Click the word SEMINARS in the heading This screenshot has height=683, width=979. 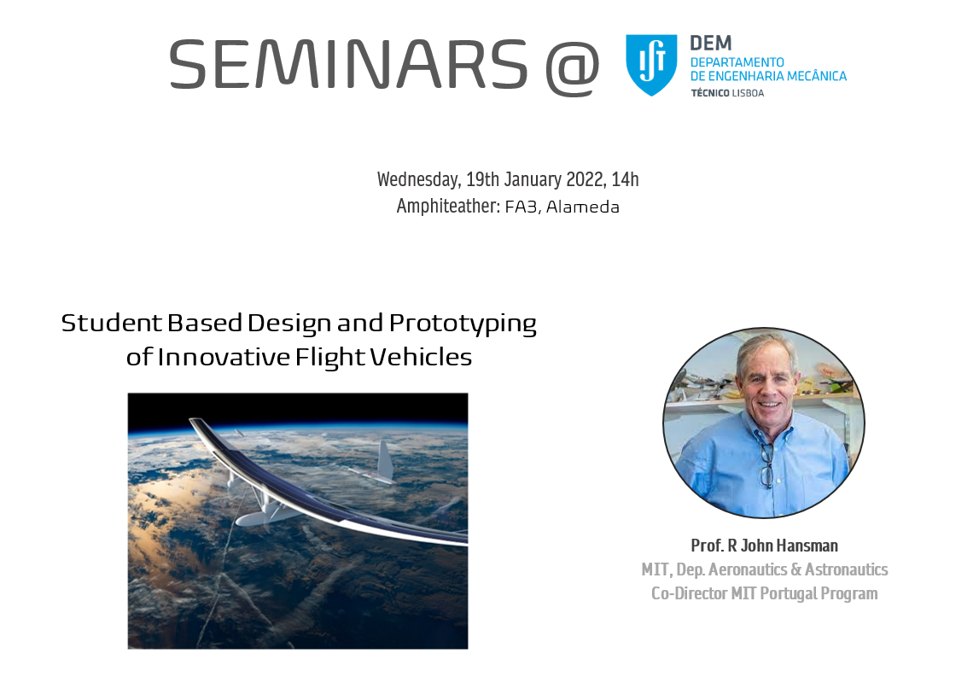348,64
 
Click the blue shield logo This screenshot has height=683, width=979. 651,65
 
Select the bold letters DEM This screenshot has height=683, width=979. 710,43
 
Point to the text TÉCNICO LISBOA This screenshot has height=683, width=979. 727,93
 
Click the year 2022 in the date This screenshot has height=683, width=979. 586,180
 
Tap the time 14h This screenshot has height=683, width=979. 625,180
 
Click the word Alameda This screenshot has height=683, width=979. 582,207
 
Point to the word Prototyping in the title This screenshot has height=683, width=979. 463,324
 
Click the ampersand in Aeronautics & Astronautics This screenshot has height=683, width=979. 796,569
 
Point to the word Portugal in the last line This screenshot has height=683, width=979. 788,593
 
